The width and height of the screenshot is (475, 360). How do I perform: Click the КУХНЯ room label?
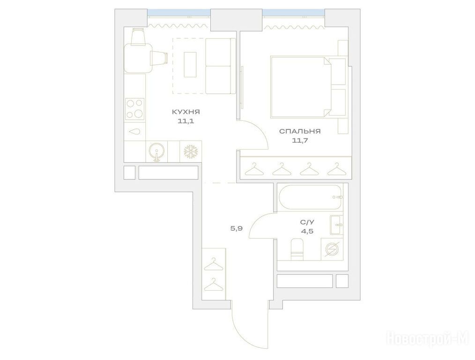186,112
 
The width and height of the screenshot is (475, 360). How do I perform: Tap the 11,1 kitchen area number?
186,121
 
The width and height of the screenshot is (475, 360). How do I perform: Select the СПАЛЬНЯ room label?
300,132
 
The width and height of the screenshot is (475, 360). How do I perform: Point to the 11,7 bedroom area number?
300,141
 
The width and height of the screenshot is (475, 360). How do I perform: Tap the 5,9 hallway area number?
237,228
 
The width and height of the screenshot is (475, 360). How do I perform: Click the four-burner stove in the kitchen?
135,109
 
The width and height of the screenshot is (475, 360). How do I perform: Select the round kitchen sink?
157,151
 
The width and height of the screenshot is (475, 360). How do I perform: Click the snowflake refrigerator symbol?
191,151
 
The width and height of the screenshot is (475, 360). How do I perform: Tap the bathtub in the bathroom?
311,197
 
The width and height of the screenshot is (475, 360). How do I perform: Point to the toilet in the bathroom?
297,249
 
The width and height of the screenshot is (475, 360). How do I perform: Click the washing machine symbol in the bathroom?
332,249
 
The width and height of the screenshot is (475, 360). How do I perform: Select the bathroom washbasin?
336,225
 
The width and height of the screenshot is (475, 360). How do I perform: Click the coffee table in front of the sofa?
190,65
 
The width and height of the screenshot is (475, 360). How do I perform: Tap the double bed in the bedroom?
308,86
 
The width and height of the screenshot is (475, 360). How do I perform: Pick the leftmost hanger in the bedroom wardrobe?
254,169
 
